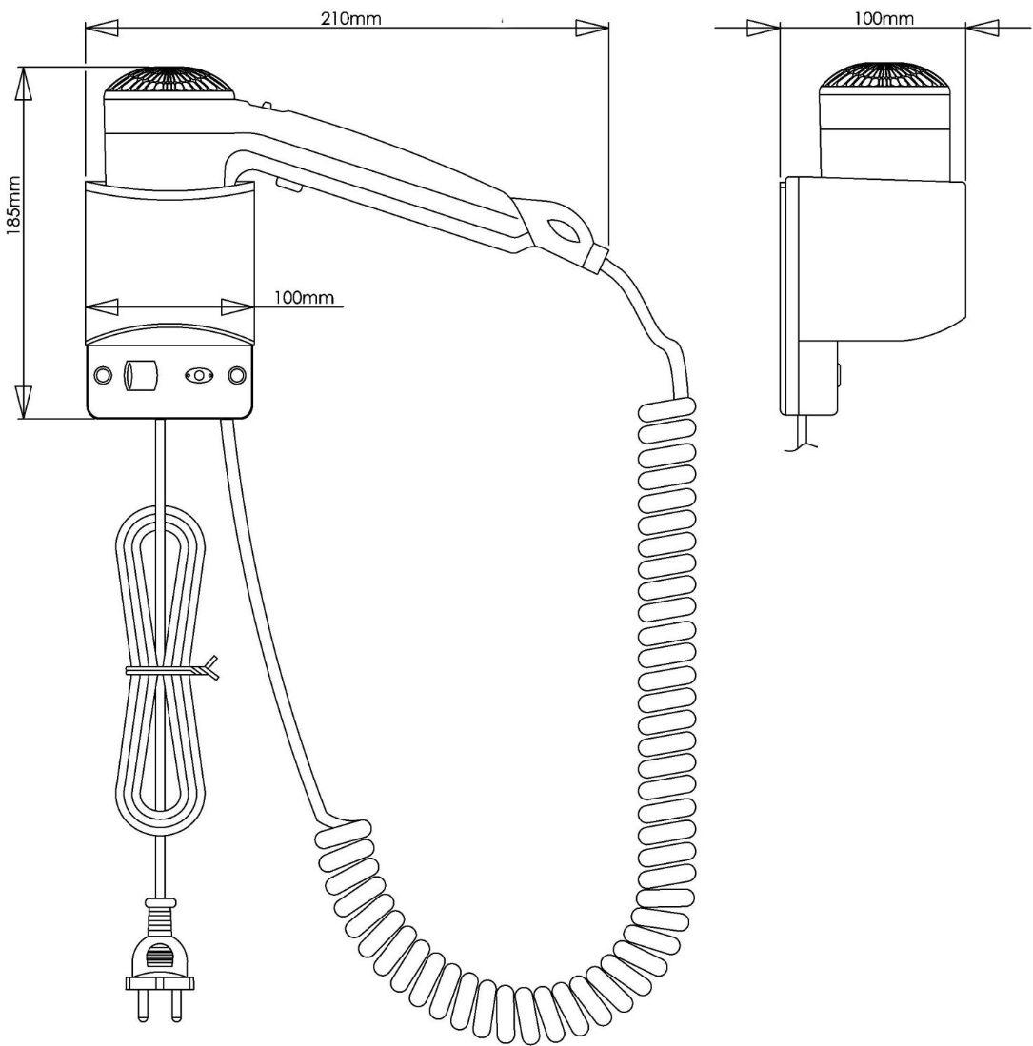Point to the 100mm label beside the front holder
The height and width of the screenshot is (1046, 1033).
point(304,297)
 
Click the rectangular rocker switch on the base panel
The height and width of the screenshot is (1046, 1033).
point(139,375)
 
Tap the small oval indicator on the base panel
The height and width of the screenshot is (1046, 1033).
point(197,376)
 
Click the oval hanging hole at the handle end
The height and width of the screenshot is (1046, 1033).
point(563,229)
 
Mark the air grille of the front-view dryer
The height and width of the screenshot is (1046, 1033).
point(169,81)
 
